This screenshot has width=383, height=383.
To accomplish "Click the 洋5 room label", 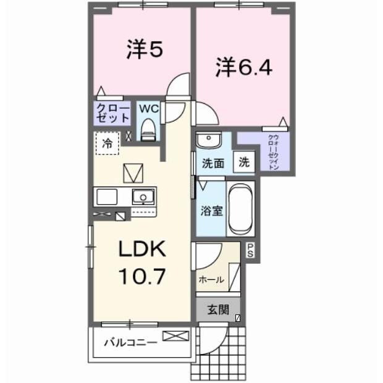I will click(x=145, y=50).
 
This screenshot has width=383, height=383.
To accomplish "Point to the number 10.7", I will click(x=142, y=276).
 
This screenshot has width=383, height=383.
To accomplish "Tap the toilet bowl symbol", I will click(x=148, y=128).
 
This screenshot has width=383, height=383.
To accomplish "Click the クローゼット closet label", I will click(x=112, y=112).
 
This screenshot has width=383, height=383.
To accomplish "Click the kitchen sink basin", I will click(x=145, y=197).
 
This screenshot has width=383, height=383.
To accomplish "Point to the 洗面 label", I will click(x=212, y=164).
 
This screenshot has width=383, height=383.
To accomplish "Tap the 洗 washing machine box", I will click(x=244, y=162).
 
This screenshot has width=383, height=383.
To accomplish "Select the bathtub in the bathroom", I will click(x=240, y=208).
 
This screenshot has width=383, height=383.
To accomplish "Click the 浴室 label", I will click(x=211, y=211).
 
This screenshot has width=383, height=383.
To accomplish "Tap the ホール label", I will click(x=211, y=279).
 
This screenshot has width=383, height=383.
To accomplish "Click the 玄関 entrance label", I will click(x=216, y=309).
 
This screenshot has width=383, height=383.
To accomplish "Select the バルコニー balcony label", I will click(x=126, y=342).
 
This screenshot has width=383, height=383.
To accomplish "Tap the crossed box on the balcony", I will click(x=175, y=337).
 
